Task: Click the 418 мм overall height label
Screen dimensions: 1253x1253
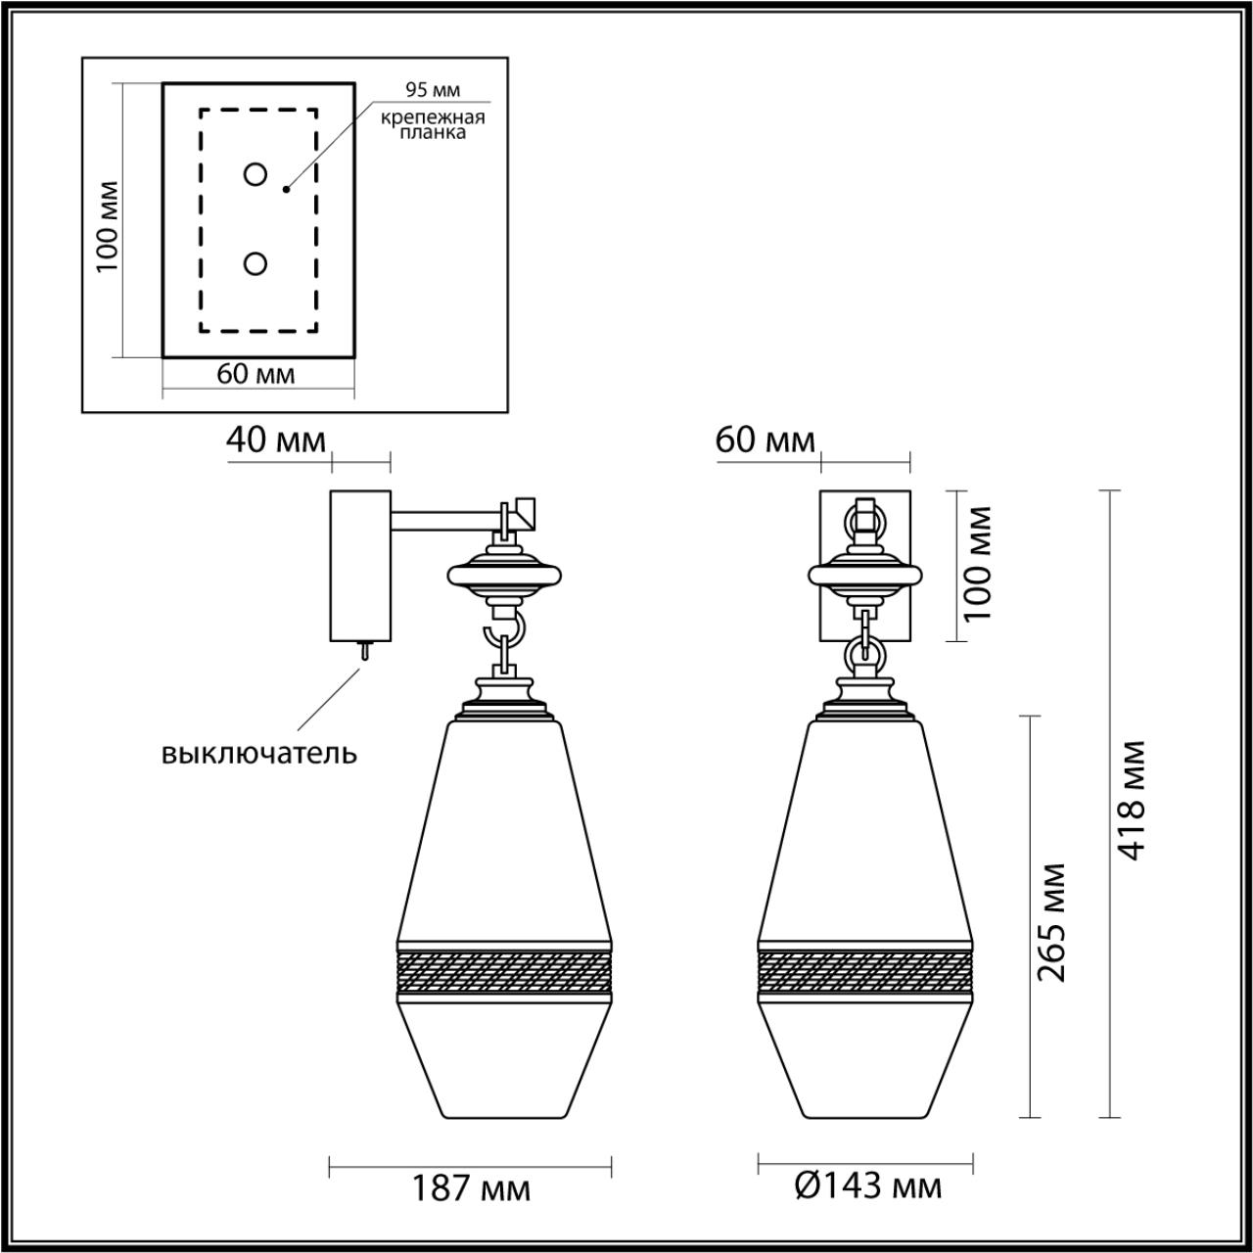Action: click(1133, 801)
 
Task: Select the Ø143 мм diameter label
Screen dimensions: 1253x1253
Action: click(867, 1187)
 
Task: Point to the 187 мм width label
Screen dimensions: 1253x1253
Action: click(470, 1188)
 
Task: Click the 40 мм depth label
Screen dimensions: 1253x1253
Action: click(275, 441)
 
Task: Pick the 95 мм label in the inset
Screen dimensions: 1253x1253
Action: click(433, 90)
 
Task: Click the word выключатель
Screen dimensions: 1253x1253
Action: click(259, 753)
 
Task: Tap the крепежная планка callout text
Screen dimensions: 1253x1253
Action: click(434, 125)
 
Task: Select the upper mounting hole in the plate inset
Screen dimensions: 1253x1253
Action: click(255, 175)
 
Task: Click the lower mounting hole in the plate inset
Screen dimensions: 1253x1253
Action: click(255, 264)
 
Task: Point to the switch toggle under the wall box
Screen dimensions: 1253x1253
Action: click(363, 651)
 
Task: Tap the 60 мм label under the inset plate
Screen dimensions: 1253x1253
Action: click(255, 374)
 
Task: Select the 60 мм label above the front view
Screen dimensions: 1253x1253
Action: click(766, 441)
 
